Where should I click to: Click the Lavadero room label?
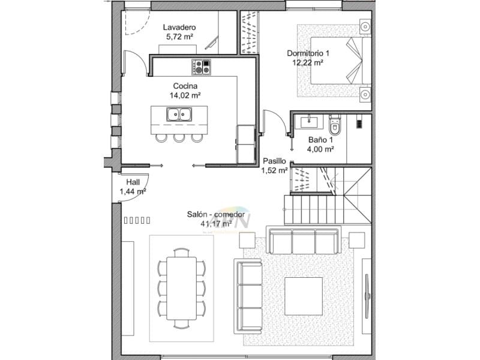coord(179,28)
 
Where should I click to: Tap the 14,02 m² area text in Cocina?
coord(185,95)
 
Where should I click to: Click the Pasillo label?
coord(274,161)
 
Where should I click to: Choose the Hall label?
coord(133,182)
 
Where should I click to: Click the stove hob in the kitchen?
coord(202,67)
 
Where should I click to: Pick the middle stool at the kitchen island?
coord(179,137)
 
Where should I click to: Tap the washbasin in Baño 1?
coord(309,122)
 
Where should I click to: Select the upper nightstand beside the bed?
coord(364,26)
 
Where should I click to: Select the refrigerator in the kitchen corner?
coord(245,144)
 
